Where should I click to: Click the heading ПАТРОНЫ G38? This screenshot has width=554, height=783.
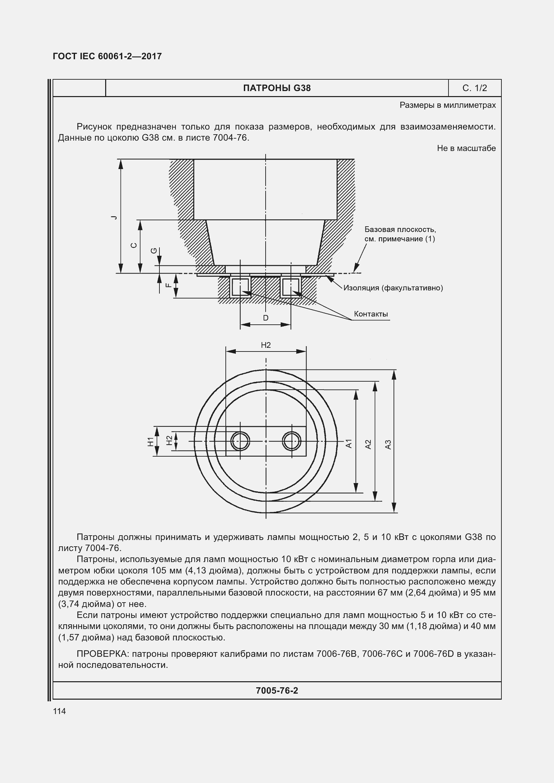click(x=277, y=88)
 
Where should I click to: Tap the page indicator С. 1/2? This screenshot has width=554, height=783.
click(x=475, y=88)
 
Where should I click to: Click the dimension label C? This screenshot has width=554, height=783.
click(x=134, y=245)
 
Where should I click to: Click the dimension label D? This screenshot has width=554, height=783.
click(x=265, y=318)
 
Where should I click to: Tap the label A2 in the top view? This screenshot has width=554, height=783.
click(x=368, y=444)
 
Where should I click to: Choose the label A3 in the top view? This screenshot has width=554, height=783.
click(x=388, y=444)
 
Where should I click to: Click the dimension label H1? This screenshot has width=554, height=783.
click(x=150, y=441)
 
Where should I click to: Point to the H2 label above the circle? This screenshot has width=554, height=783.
click(x=266, y=345)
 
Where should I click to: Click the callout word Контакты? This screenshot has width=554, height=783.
click(x=371, y=314)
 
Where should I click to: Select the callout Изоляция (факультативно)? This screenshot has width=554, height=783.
click(x=393, y=288)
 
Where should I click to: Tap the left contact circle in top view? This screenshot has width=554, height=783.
click(x=240, y=441)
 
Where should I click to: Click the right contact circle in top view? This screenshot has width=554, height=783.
click(x=292, y=441)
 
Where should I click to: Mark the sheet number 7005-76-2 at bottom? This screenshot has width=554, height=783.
click(x=277, y=691)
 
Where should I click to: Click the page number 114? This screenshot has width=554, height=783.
click(x=59, y=711)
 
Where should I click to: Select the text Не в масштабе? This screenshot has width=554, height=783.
click(x=466, y=148)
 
